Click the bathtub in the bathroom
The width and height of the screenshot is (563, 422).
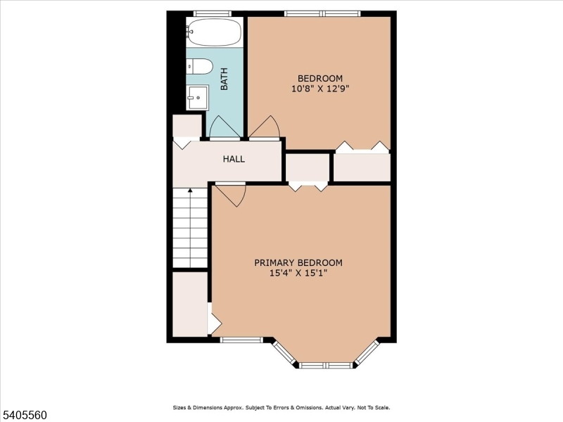tap(215, 32)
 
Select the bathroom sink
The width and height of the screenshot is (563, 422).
tap(198, 97)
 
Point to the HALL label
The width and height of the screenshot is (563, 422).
tap(234, 159)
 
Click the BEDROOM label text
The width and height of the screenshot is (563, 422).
tap(320, 78)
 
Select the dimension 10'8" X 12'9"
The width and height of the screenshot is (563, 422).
tap(320, 89)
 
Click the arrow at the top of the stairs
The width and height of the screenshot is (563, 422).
tap(190, 191)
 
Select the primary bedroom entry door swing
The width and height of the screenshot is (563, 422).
tap(232, 193)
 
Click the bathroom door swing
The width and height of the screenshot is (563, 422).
tap(224, 128)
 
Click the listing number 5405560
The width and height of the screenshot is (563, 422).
tap(25, 416)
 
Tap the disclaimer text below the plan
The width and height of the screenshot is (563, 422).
tap(281, 407)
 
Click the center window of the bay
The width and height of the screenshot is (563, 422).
tap(324, 365)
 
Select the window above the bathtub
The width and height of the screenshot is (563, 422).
tap(213, 13)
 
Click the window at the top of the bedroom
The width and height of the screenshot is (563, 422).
tap(322, 13)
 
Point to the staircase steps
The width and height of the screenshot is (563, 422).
tap(190, 229)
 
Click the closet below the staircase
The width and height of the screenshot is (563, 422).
tap(190, 304)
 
